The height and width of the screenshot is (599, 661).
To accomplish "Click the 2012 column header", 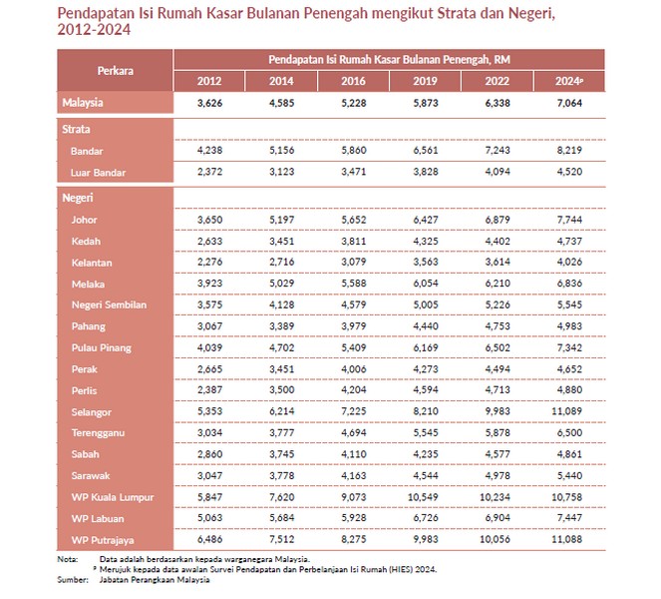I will click(209, 81).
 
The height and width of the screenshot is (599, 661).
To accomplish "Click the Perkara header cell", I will click(116, 71).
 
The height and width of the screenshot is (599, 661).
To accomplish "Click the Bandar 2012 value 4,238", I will click(209, 151).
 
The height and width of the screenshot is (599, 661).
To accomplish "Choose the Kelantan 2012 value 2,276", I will click(209, 263).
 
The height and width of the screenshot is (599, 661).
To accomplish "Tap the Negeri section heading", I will click(79, 198).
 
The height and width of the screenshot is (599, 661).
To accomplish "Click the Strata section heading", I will click(78, 130).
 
